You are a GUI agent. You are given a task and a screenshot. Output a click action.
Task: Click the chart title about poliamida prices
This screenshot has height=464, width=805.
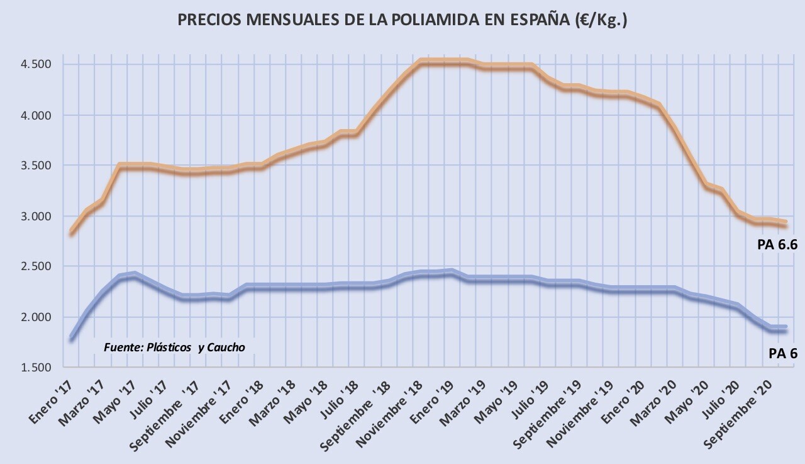[x=402, y=20]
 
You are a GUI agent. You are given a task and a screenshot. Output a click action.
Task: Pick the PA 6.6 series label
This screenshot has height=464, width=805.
[x=777, y=245]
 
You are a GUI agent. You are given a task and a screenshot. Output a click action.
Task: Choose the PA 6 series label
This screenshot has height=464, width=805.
[x=783, y=354]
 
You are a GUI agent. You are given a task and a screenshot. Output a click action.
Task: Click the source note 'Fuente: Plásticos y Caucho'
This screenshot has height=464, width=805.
[x=174, y=347]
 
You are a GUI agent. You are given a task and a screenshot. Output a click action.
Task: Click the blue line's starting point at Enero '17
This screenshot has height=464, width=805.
[x=72, y=339]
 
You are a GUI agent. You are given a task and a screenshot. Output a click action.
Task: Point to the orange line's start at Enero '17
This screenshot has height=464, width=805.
[x=72, y=232]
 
